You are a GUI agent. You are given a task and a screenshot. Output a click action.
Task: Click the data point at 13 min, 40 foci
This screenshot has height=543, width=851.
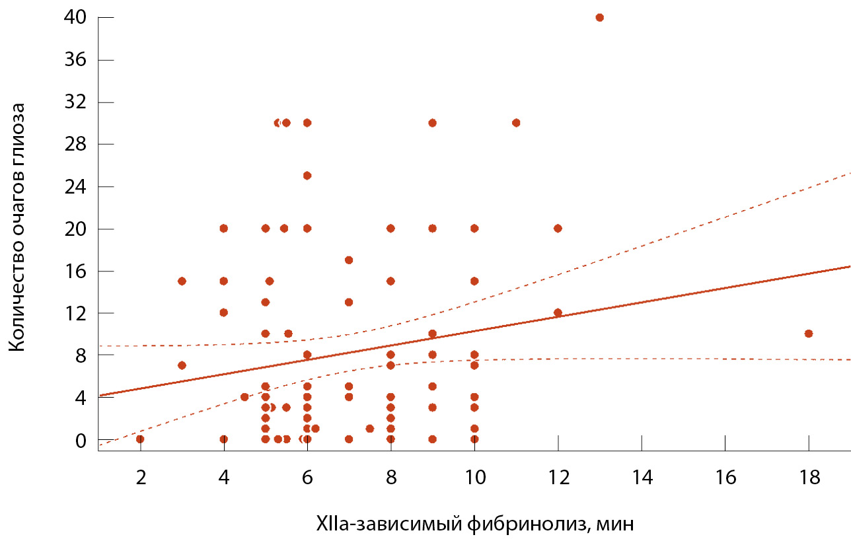pyautogui.click(x=599, y=17)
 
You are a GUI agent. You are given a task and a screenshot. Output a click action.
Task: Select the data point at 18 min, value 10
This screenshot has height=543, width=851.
pyautogui.click(x=808, y=334)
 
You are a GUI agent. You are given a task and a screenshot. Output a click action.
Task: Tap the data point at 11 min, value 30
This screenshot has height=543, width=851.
pyautogui.click(x=516, y=122)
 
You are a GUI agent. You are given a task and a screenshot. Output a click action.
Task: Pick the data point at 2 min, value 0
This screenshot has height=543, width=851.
pyautogui.click(x=140, y=439)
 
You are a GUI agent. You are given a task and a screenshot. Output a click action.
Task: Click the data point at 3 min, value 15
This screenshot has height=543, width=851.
pyautogui.click(x=182, y=281)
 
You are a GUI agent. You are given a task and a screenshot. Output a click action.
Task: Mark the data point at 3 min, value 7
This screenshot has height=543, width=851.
pyautogui.click(x=182, y=365)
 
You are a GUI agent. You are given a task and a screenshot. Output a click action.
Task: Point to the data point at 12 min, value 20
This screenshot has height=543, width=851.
pyautogui.click(x=558, y=228)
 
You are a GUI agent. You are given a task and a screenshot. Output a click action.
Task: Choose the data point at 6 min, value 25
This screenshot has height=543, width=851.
pyautogui.click(x=307, y=175)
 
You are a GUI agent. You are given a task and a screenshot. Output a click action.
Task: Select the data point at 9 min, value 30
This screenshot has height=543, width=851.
pyautogui.click(x=432, y=122)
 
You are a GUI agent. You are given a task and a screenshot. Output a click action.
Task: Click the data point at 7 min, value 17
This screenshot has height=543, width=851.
pyautogui.click(x=349, y=260)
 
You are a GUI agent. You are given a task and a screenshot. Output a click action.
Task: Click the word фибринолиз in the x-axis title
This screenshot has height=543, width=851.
pyautogui.click(x=527, y=525)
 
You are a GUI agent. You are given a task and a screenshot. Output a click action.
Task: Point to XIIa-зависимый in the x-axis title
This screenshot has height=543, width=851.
pyautogui.click(x=388, y=525)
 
